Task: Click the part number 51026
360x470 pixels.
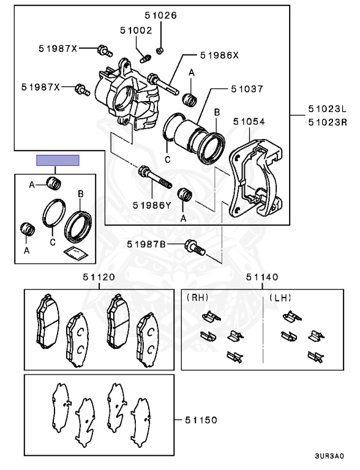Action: (160, 15)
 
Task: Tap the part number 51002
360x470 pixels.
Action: (136, 30)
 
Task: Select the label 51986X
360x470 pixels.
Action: (219, 55)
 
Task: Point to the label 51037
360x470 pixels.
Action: (247, 89)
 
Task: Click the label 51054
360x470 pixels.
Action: (249, 121)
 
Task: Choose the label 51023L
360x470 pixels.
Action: (328, 109)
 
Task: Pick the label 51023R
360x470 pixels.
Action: (328, 122)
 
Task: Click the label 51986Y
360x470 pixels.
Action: (152, 206)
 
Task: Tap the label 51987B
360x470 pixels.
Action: (146, 244)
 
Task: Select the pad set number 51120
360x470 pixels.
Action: (99, 277)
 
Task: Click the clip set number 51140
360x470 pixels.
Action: (262, 277)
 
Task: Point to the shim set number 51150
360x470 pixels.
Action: (201, 420)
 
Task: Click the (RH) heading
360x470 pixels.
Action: (197, 297)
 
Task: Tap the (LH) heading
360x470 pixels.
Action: (280, 297)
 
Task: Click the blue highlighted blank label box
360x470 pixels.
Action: (58, 160)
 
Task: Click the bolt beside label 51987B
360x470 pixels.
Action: (195, 248)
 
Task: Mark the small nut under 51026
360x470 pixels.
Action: (160, 50)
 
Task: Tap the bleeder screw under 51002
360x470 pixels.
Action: (146, 58)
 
